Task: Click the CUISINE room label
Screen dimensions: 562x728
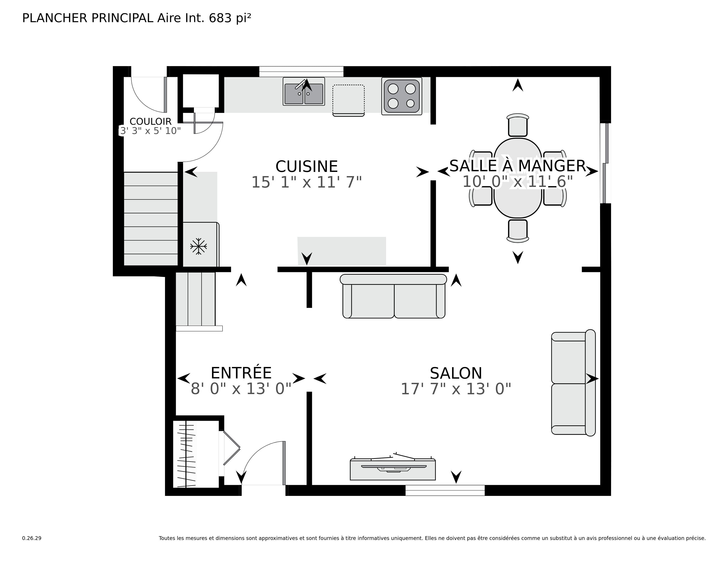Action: tap(306, 166)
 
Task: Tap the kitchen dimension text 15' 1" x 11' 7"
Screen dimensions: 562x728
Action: tap(306, 182)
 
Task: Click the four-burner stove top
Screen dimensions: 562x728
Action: tap(402, 96)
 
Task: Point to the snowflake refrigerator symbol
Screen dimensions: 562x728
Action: tap(198, 246)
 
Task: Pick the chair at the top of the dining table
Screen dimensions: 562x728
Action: tap(518, 126)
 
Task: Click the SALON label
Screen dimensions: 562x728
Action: tap(456, 373)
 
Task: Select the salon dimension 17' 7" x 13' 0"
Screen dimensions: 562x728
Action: tap(456, 389)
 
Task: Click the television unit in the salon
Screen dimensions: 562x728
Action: tap(393, 469)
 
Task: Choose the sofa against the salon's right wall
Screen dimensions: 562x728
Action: tap(573, 383)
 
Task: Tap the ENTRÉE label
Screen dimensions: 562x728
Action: tap(241, 373)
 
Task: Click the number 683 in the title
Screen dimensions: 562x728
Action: tap(220, 18)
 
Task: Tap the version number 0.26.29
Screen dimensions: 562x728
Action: tap(32, 538)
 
